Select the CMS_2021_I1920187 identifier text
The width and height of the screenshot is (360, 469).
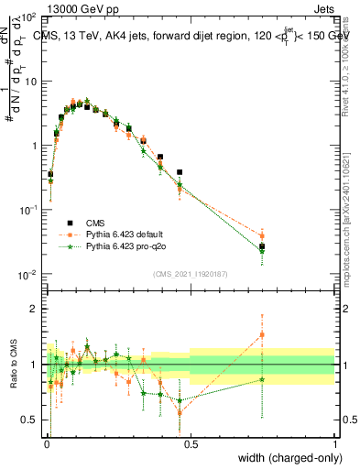[190, 274]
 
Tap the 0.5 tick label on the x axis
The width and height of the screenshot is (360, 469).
[190, 443]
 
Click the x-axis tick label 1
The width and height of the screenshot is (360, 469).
[335, 443]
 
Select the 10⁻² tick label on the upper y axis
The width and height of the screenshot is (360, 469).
[29, 274]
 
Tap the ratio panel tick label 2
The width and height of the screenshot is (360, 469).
[36, 309]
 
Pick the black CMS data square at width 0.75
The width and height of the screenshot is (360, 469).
[262, 246]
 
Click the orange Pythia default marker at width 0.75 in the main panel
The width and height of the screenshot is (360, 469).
[262, 235]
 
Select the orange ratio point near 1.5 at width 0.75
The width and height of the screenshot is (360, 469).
[262, 334]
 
